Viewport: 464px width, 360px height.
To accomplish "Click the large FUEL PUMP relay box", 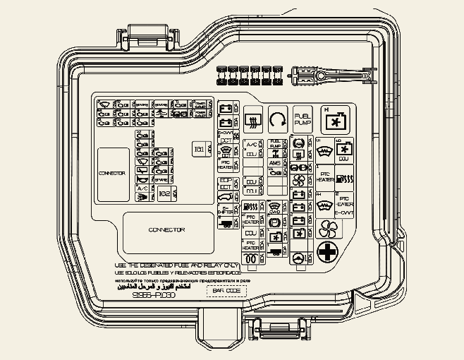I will click(302, 119).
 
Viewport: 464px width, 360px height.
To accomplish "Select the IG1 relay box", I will click(200, 149).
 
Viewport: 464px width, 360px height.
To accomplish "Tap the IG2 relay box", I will click(164, 193).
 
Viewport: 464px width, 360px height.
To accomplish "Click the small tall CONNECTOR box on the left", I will click(113, 173).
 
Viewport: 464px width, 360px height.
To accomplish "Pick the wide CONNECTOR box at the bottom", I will click(167, 230).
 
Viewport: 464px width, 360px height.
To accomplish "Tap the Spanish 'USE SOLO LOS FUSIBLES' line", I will click(178, 272).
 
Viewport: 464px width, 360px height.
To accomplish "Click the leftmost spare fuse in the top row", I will click(221, 73).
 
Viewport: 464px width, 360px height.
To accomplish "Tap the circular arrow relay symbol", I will click(277, 119).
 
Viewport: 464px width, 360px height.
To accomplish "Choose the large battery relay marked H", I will click(334, 119).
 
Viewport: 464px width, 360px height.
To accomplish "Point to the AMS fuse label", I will click(275, 164).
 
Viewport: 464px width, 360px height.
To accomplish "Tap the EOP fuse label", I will click(226, 180).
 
